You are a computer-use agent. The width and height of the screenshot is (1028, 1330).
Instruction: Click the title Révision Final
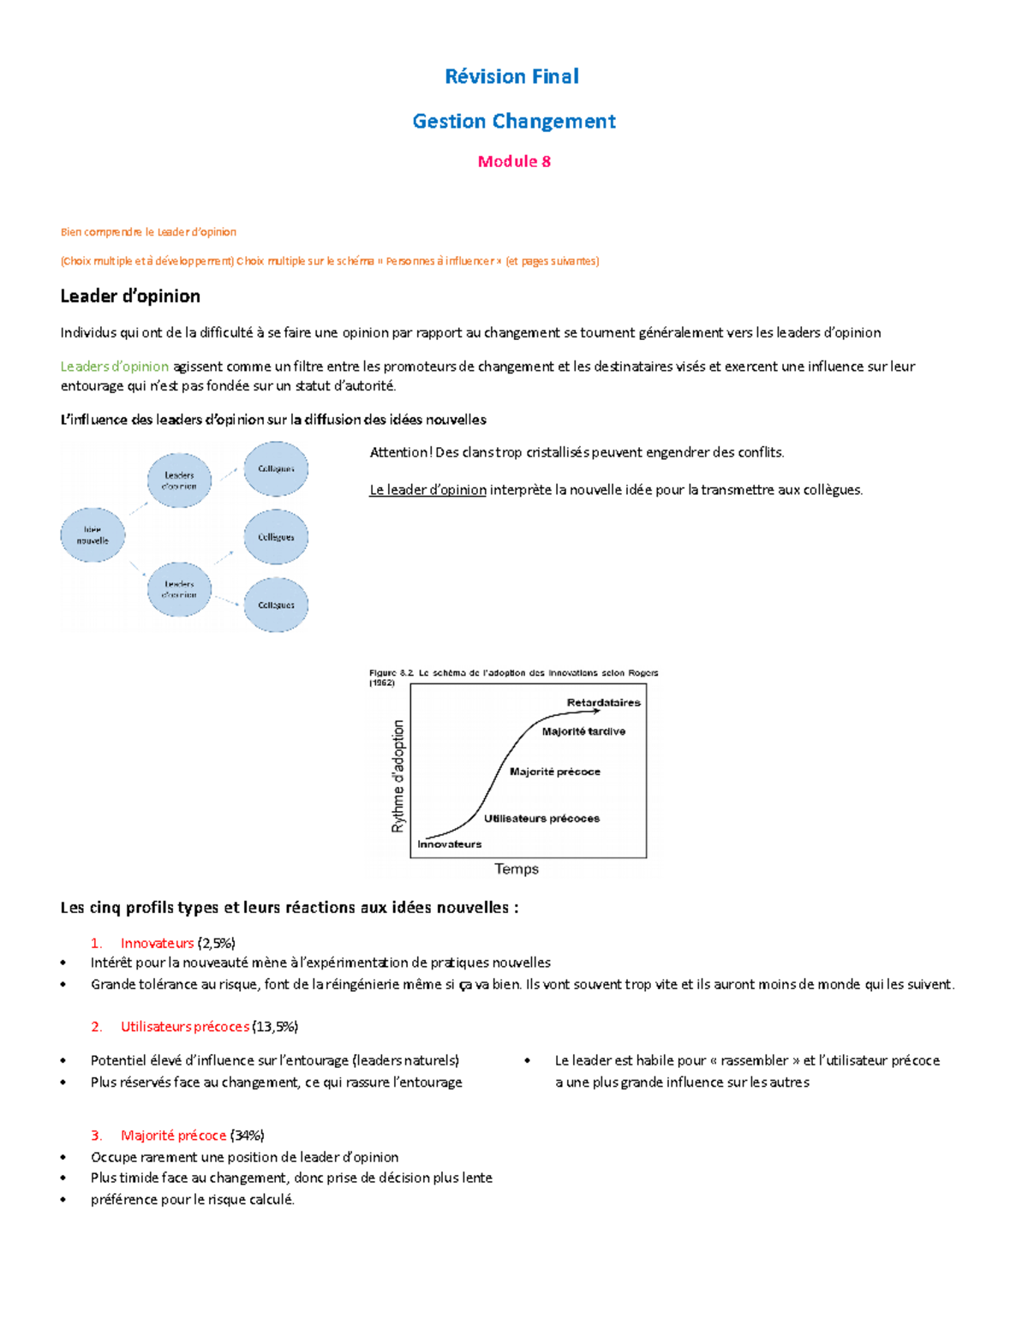(512, 76)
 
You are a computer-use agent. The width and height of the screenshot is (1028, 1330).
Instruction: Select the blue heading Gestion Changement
(514, 122)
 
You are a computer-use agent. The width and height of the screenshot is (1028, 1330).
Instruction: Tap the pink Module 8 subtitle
(514, 161)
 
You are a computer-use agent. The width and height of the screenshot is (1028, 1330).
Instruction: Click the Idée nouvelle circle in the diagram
(93, 535)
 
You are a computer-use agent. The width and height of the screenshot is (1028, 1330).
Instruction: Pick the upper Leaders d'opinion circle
(179, 480)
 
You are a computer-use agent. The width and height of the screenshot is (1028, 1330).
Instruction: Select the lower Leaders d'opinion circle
(179, 589)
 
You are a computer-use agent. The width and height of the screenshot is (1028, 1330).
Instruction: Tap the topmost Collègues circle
(276, 469)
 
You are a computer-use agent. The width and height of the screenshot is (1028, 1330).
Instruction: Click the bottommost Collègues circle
(276, 605)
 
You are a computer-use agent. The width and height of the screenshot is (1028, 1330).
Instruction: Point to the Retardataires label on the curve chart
(603, 702)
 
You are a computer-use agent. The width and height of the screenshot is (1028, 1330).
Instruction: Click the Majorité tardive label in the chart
(583, 731)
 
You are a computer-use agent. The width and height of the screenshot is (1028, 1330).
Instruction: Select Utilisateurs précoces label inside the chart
(541, 819)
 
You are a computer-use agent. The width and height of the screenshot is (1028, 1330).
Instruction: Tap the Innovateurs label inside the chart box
(449, 844)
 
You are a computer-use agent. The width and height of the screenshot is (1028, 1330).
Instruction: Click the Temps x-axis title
(517, 868)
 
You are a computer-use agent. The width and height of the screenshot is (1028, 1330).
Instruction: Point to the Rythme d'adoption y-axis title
(397, 776)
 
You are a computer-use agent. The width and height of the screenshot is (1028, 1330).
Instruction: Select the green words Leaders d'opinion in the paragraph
(114, 367)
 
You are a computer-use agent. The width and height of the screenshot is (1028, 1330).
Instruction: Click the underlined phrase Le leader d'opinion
(427, 490)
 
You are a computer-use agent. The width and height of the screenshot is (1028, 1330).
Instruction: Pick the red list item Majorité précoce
(173, 1136)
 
